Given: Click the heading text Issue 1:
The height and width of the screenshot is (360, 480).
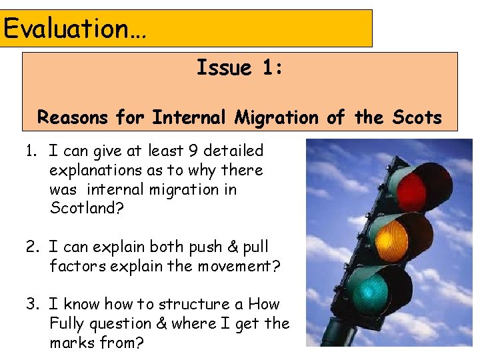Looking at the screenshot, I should click(x=239, y=68).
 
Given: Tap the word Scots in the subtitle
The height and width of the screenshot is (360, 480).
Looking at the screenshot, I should click(x=417, y=118).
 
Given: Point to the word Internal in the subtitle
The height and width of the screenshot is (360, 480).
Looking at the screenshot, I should click(x=191, y=118).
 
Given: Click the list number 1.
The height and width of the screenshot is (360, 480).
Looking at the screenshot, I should click(x=31, y=151).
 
